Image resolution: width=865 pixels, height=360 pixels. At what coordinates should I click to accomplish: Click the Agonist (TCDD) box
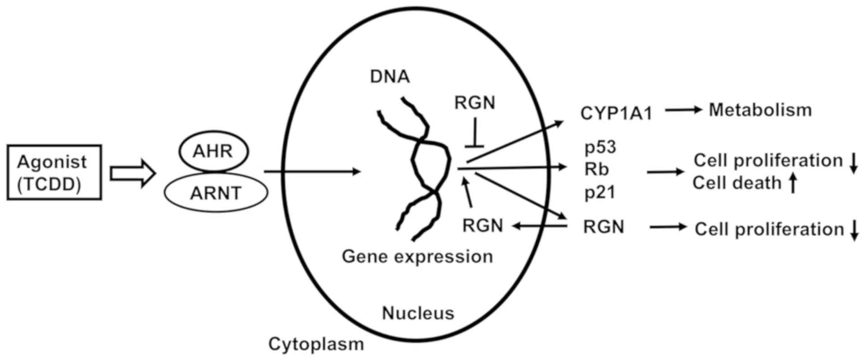pos(54,172)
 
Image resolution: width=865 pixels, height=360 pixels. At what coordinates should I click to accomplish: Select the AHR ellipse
pos(213,152)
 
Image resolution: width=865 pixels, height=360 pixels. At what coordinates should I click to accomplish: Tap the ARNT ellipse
pos(216,193)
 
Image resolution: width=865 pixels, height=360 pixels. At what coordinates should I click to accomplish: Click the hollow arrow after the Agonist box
pos(133,173)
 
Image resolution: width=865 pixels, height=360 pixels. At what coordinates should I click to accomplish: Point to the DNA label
pos(390,77)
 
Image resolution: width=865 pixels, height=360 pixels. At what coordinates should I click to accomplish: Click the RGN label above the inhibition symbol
pos(475,103)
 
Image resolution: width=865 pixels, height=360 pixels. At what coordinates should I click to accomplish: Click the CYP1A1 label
pos(616,113)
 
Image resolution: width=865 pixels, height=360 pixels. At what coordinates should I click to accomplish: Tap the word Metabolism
pos(760,110)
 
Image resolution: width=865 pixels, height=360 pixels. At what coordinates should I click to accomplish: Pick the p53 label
pos(600,147)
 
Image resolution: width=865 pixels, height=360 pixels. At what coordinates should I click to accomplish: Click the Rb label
pos(597,169)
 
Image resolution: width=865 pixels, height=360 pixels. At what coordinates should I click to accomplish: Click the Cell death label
pos(737,183)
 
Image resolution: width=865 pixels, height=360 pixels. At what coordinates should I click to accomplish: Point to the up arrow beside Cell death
pos(793,184)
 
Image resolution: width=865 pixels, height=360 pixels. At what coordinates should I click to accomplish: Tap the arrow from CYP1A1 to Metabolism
pos(683,109)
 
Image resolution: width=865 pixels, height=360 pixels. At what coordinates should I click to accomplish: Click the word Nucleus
pos(418,313)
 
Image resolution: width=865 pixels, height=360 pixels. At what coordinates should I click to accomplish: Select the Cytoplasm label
pos(316,344)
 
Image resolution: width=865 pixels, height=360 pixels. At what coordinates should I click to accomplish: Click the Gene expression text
pos(417,256)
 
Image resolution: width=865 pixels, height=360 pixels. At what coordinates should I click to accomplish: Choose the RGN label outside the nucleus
pos(604,227)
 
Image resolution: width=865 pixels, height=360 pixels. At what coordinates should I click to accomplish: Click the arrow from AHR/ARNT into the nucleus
pos(312,171)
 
